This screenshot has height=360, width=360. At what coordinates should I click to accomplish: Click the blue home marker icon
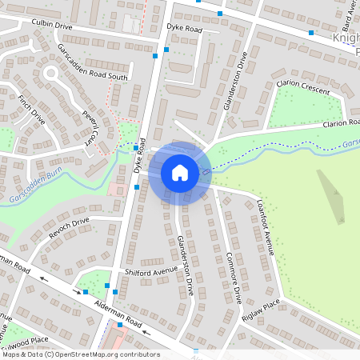coord(180,172)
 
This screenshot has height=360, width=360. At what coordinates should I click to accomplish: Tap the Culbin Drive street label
coord(52,26)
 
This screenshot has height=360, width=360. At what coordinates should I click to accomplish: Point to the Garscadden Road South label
coord(93,62)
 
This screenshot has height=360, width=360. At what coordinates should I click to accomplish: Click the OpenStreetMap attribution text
coord(80,354)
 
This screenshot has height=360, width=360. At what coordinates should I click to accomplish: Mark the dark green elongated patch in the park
coord(331,195)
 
